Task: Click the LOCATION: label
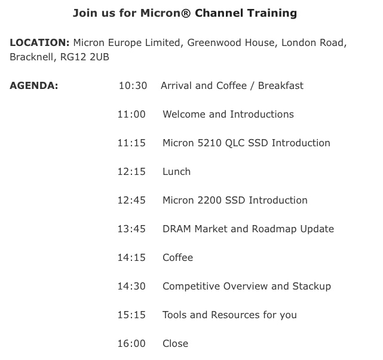click(39, 43)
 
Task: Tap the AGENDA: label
click(34, 85)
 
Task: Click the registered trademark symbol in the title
click(186, 13)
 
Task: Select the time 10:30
click(133, 85)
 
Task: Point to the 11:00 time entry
click(131, 114)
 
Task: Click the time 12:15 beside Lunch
click(131, 171)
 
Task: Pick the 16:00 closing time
click(131, 343)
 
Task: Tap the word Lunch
click(177, 171)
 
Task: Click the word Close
click(176, 343)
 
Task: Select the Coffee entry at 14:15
click(178, 257)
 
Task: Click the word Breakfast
click(281, 85)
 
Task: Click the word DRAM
click(177, 229)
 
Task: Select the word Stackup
click(312, 287)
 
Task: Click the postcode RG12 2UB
click(84, 57)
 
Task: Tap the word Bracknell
click(32, 57)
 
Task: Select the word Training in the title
click(272, 13)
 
